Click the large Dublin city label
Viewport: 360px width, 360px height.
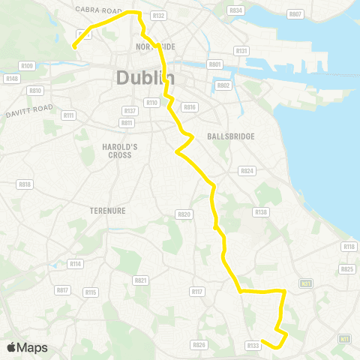[145, 77]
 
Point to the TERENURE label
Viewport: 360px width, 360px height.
[107, 211]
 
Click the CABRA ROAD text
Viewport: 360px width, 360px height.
[98, 10]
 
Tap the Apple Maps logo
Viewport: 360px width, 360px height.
[27, 347]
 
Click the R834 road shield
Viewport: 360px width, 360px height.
[236, 10]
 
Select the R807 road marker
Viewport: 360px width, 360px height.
[295, 14]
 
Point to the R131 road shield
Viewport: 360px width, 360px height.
[241, 50]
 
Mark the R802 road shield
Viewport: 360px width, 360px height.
[223, 85]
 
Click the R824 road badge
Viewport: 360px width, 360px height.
[246, 171]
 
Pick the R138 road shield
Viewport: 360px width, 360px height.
[261, 212]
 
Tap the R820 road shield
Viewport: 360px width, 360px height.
[184, 214]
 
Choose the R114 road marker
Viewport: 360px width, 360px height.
[75, 263]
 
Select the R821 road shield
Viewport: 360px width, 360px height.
[139, 280]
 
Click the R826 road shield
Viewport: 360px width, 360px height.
[199, 345]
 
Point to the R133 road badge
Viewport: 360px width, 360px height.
[253, 345]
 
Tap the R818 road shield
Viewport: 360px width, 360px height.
[25, 184]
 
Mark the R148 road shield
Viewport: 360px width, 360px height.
[11, 78]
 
